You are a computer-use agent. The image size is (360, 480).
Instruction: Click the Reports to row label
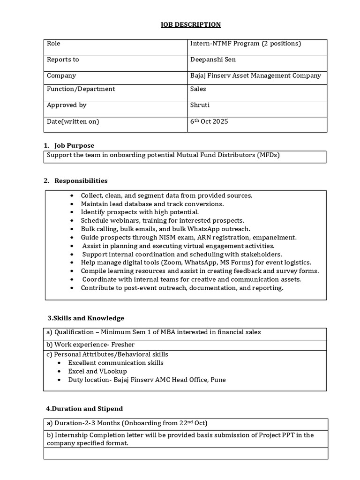tap(63, 60)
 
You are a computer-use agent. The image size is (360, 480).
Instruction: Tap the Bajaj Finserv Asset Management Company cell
tap(255, 75)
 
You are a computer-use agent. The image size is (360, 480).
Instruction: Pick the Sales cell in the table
tap(198, 89)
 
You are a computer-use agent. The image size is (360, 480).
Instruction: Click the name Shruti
tap(200, 105)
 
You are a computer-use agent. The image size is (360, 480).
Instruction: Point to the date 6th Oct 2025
tap(209, 121)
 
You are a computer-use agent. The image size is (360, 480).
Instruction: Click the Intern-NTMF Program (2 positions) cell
tap(245, 44)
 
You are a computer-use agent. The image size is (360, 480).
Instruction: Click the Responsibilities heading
tap(81, 180)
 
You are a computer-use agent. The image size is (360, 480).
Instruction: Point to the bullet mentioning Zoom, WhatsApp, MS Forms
tap(196, 262)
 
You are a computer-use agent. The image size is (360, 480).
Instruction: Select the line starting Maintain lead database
tap(152, 204)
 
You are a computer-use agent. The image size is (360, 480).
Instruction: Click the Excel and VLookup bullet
tap(97, 371)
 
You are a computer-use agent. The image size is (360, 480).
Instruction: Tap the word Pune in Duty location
tap(218, 380)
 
